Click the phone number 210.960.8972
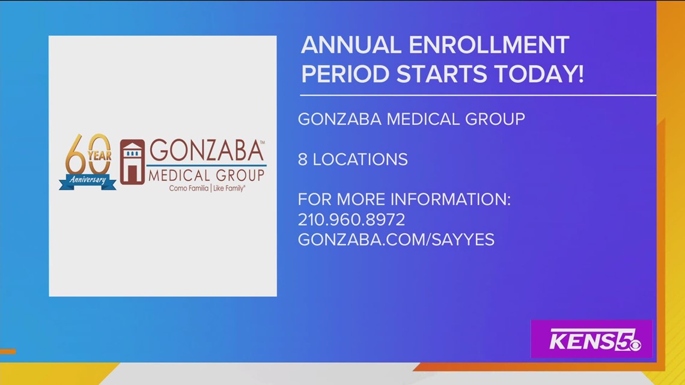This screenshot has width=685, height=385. point(352,219)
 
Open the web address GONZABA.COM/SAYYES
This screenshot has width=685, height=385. point(396,239)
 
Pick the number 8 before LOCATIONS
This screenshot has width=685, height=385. point(303,159)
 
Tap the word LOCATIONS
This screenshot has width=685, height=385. point(360,159)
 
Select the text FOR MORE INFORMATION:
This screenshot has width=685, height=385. point(404,199)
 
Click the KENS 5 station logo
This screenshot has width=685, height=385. point(591,341)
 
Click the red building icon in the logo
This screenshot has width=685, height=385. point(132,162)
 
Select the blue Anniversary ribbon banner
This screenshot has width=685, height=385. point(88,181)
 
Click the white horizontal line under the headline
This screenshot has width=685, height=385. point(478,95)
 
